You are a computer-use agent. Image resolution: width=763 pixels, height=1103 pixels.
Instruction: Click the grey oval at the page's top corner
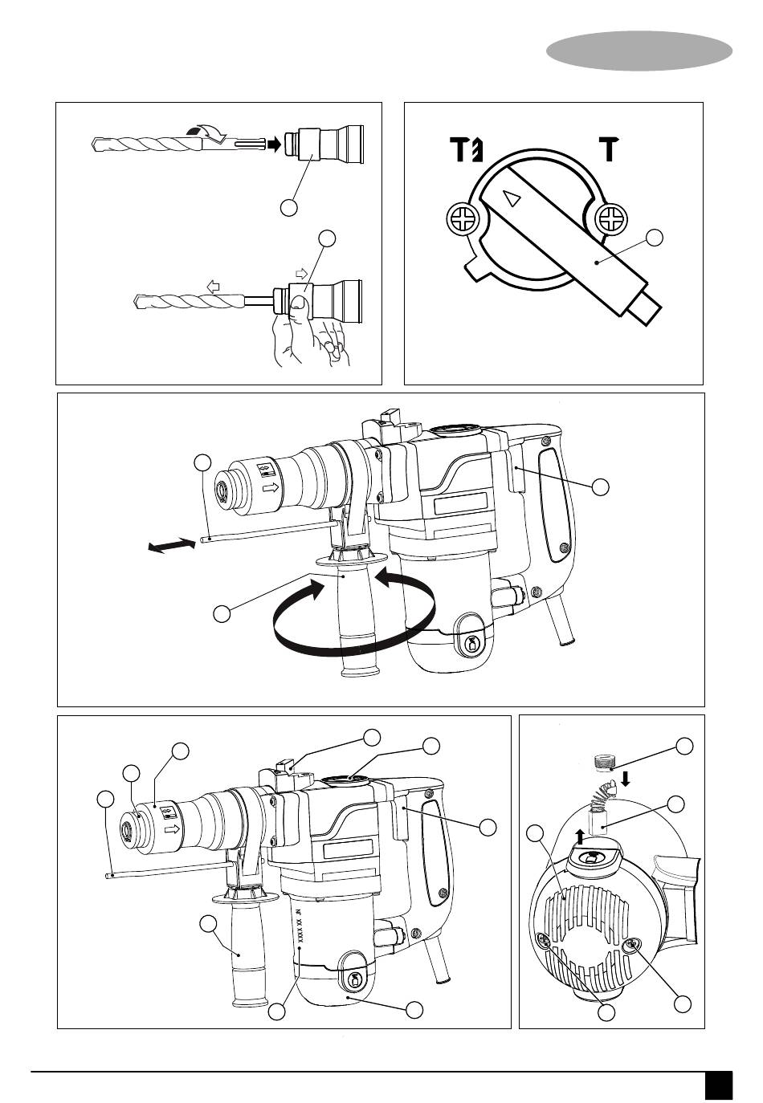(x=639, y=51)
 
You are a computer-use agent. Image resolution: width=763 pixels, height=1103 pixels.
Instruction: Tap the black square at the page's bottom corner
(x=719, y=1085)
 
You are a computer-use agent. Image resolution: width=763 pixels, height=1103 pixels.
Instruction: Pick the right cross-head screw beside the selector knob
(x=612, y=219)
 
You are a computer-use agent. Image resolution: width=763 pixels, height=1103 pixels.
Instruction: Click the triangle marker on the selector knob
(x=511, y=198)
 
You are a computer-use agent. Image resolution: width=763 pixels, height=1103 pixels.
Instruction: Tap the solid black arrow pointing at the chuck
(x=275, y=145)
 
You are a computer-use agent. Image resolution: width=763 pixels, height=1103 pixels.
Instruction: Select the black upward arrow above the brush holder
(x=580, y=836)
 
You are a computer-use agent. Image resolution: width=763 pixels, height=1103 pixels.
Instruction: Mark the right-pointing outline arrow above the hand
(x=301, y=275)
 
